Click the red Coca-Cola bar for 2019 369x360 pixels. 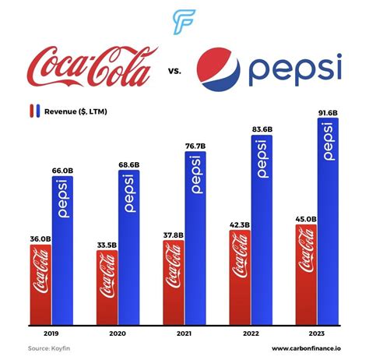click(x=40, y=284)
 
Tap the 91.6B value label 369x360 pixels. click(x=329, y=111)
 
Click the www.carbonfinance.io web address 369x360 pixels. click(x=306, y=348)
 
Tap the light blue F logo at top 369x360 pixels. click(x=184, y=21)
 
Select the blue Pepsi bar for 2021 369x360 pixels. click(x=195, y=238)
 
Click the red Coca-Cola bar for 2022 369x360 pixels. click(x=240, y=278)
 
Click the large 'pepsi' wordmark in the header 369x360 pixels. click(x=296, y=70)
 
